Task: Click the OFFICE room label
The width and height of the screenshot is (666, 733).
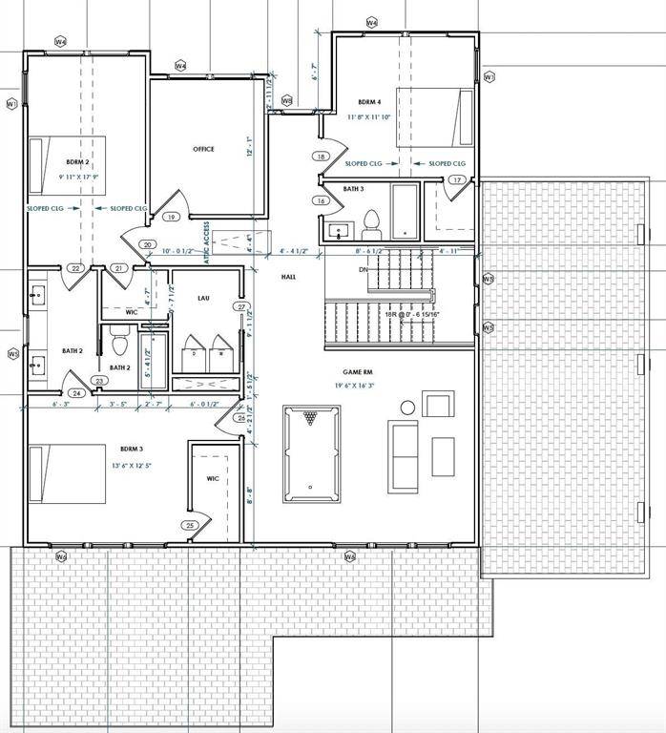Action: click(x=203, y=149)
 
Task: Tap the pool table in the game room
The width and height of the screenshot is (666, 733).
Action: click(x=310, y=453)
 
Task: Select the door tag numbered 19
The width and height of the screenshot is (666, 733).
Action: click(x=172, y=218)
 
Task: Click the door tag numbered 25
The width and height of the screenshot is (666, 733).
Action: click(x=190, y=525)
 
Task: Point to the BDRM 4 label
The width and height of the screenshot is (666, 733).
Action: click(x=369, y=102)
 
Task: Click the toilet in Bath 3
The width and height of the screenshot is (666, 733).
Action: click(x=371, y=225)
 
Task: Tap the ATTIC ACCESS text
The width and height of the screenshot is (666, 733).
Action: click(x=206, y=228)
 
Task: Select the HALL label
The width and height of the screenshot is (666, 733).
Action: click(x=289, y=277)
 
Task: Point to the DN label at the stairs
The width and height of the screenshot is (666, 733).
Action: click(x=363, y=270)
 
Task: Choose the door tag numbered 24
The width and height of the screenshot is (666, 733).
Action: click(x=75, y=392)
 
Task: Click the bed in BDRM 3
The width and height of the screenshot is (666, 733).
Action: click(x=67, y=473)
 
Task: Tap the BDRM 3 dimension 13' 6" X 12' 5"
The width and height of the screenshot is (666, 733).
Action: click(x=131, y=465)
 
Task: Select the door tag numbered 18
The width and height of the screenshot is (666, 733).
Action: click(x=322, y=157)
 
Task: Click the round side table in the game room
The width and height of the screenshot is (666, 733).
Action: click(x=407, y=408)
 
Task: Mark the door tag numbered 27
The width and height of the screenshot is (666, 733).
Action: click(x=242, y=307)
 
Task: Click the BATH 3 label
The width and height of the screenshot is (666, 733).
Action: click(x=352, y=190)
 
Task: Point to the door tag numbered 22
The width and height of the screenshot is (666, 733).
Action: click(x=75, y=269)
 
